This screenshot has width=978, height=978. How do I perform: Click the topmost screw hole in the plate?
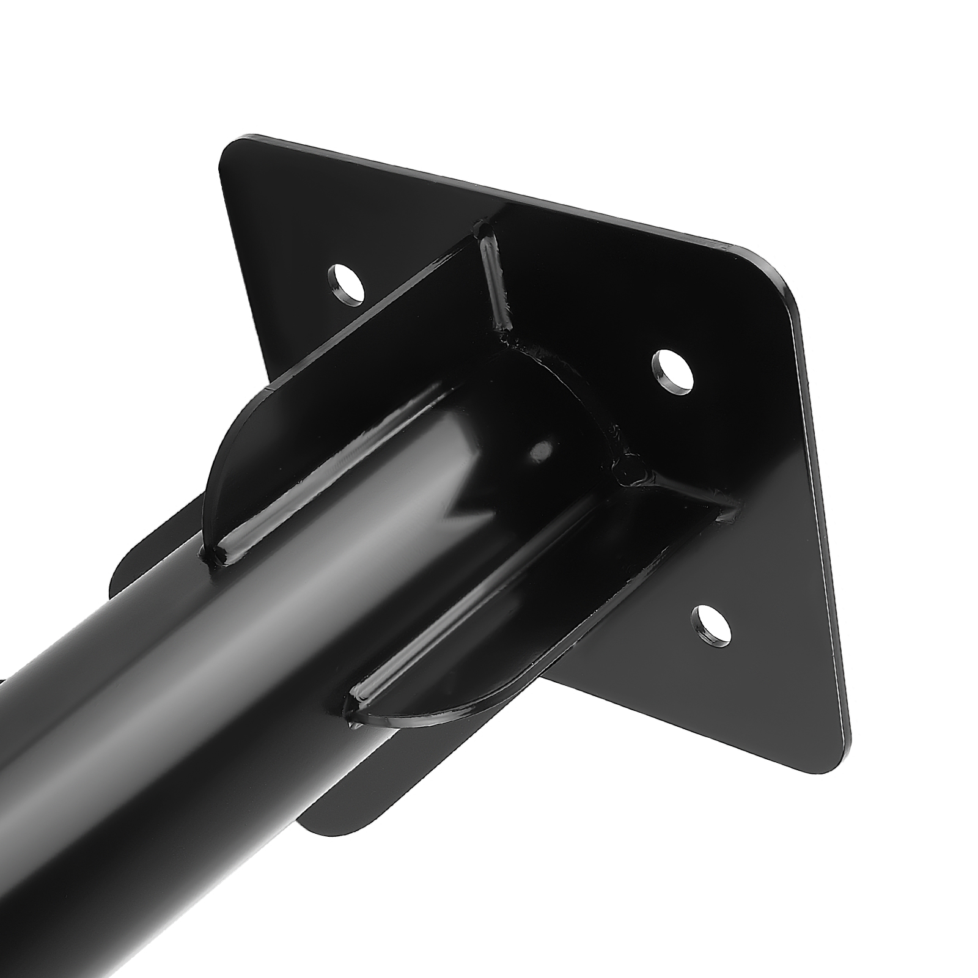tap(346, 282)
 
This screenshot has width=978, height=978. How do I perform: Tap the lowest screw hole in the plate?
tap(711, 627)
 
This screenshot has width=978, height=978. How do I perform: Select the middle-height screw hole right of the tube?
tap(674, 368)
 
